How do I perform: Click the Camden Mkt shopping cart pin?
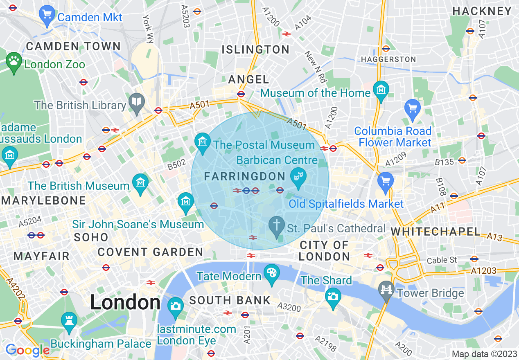pyautogui.click(x=47, y=15)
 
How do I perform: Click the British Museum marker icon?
pyautogui.click(x=140, y=182)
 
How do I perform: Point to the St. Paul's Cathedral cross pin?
pyautogui.click(x=277, y=226)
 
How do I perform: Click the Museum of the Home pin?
pyautogui.click(x=381, y=90)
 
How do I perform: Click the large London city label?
pyautogui.click(x=125, y=303)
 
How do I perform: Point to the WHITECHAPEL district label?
pyautogui.click(x=436, y=232)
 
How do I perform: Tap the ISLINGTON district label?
pyautogui.click(x=255, y=50)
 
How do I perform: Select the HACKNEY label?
pyautogui.click(x=482, y=11)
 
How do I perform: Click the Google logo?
pyautogui.click(x=27, y=350)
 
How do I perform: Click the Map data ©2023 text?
pyautogui.click(x=484, y=354)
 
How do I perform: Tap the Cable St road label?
pyautogui.click(x=442, y=260)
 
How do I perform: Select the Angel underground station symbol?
pyautogui.click(x=241, y=94)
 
